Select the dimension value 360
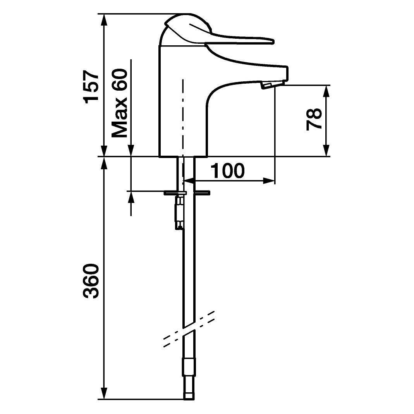pyautogui.click(x=91, y=281)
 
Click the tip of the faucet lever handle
pyautogui.click(x=273, y=42)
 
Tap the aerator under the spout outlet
pyautogui.click(x=266, y=85)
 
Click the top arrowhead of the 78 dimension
pyautogui.click(x=326, y=91)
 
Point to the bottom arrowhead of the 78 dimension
pyautogui.click(x=326, y=151)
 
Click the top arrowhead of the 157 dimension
pyautogui.click(x=105, y=20)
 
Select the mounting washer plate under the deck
pyautogui.click(x=187, y=193)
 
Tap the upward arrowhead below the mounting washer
pyautogui.click(x=131, y=197)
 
